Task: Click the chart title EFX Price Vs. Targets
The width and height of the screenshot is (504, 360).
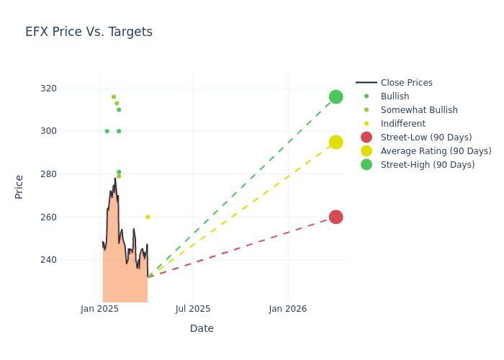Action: coord(89,32)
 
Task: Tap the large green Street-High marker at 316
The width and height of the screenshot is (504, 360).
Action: coord(336,96)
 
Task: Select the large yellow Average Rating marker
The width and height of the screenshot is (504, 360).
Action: coord(336,142)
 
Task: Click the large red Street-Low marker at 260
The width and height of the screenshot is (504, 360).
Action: coord(336,217)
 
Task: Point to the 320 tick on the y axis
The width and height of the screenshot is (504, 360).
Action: coord(68,89)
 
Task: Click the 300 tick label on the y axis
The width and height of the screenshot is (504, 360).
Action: coord(68,131)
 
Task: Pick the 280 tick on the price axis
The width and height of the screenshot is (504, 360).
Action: coord(68,174)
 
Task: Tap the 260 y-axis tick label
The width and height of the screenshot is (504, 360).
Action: coord(68,217)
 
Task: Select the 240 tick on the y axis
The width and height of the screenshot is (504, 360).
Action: coord(68,260)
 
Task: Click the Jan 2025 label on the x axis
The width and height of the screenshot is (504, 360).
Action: coord(99,309)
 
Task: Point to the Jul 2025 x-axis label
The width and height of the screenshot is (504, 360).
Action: coord(193,309)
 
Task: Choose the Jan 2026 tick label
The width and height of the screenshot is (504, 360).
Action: coord(288,309)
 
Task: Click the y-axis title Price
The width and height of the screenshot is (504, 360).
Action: coord(19,186)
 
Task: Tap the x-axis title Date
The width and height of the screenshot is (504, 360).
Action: coord(202,328)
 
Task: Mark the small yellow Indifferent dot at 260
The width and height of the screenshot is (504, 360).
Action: coord(148,217)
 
